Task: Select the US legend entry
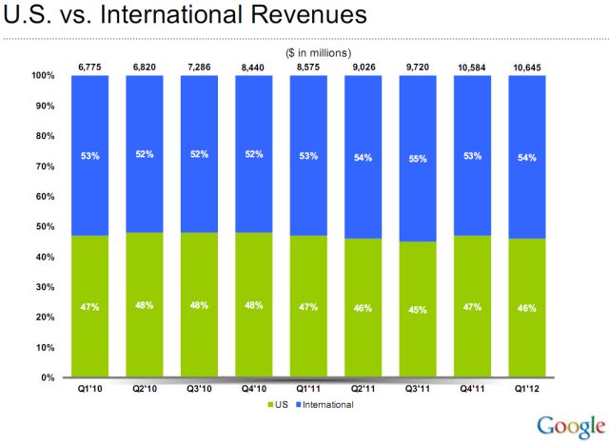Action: pos(278,405)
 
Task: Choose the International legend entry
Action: pos(324,405)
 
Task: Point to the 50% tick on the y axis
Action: pos(42,227)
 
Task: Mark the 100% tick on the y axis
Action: pos(40,76)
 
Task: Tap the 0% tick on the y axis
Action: pos(45,377)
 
